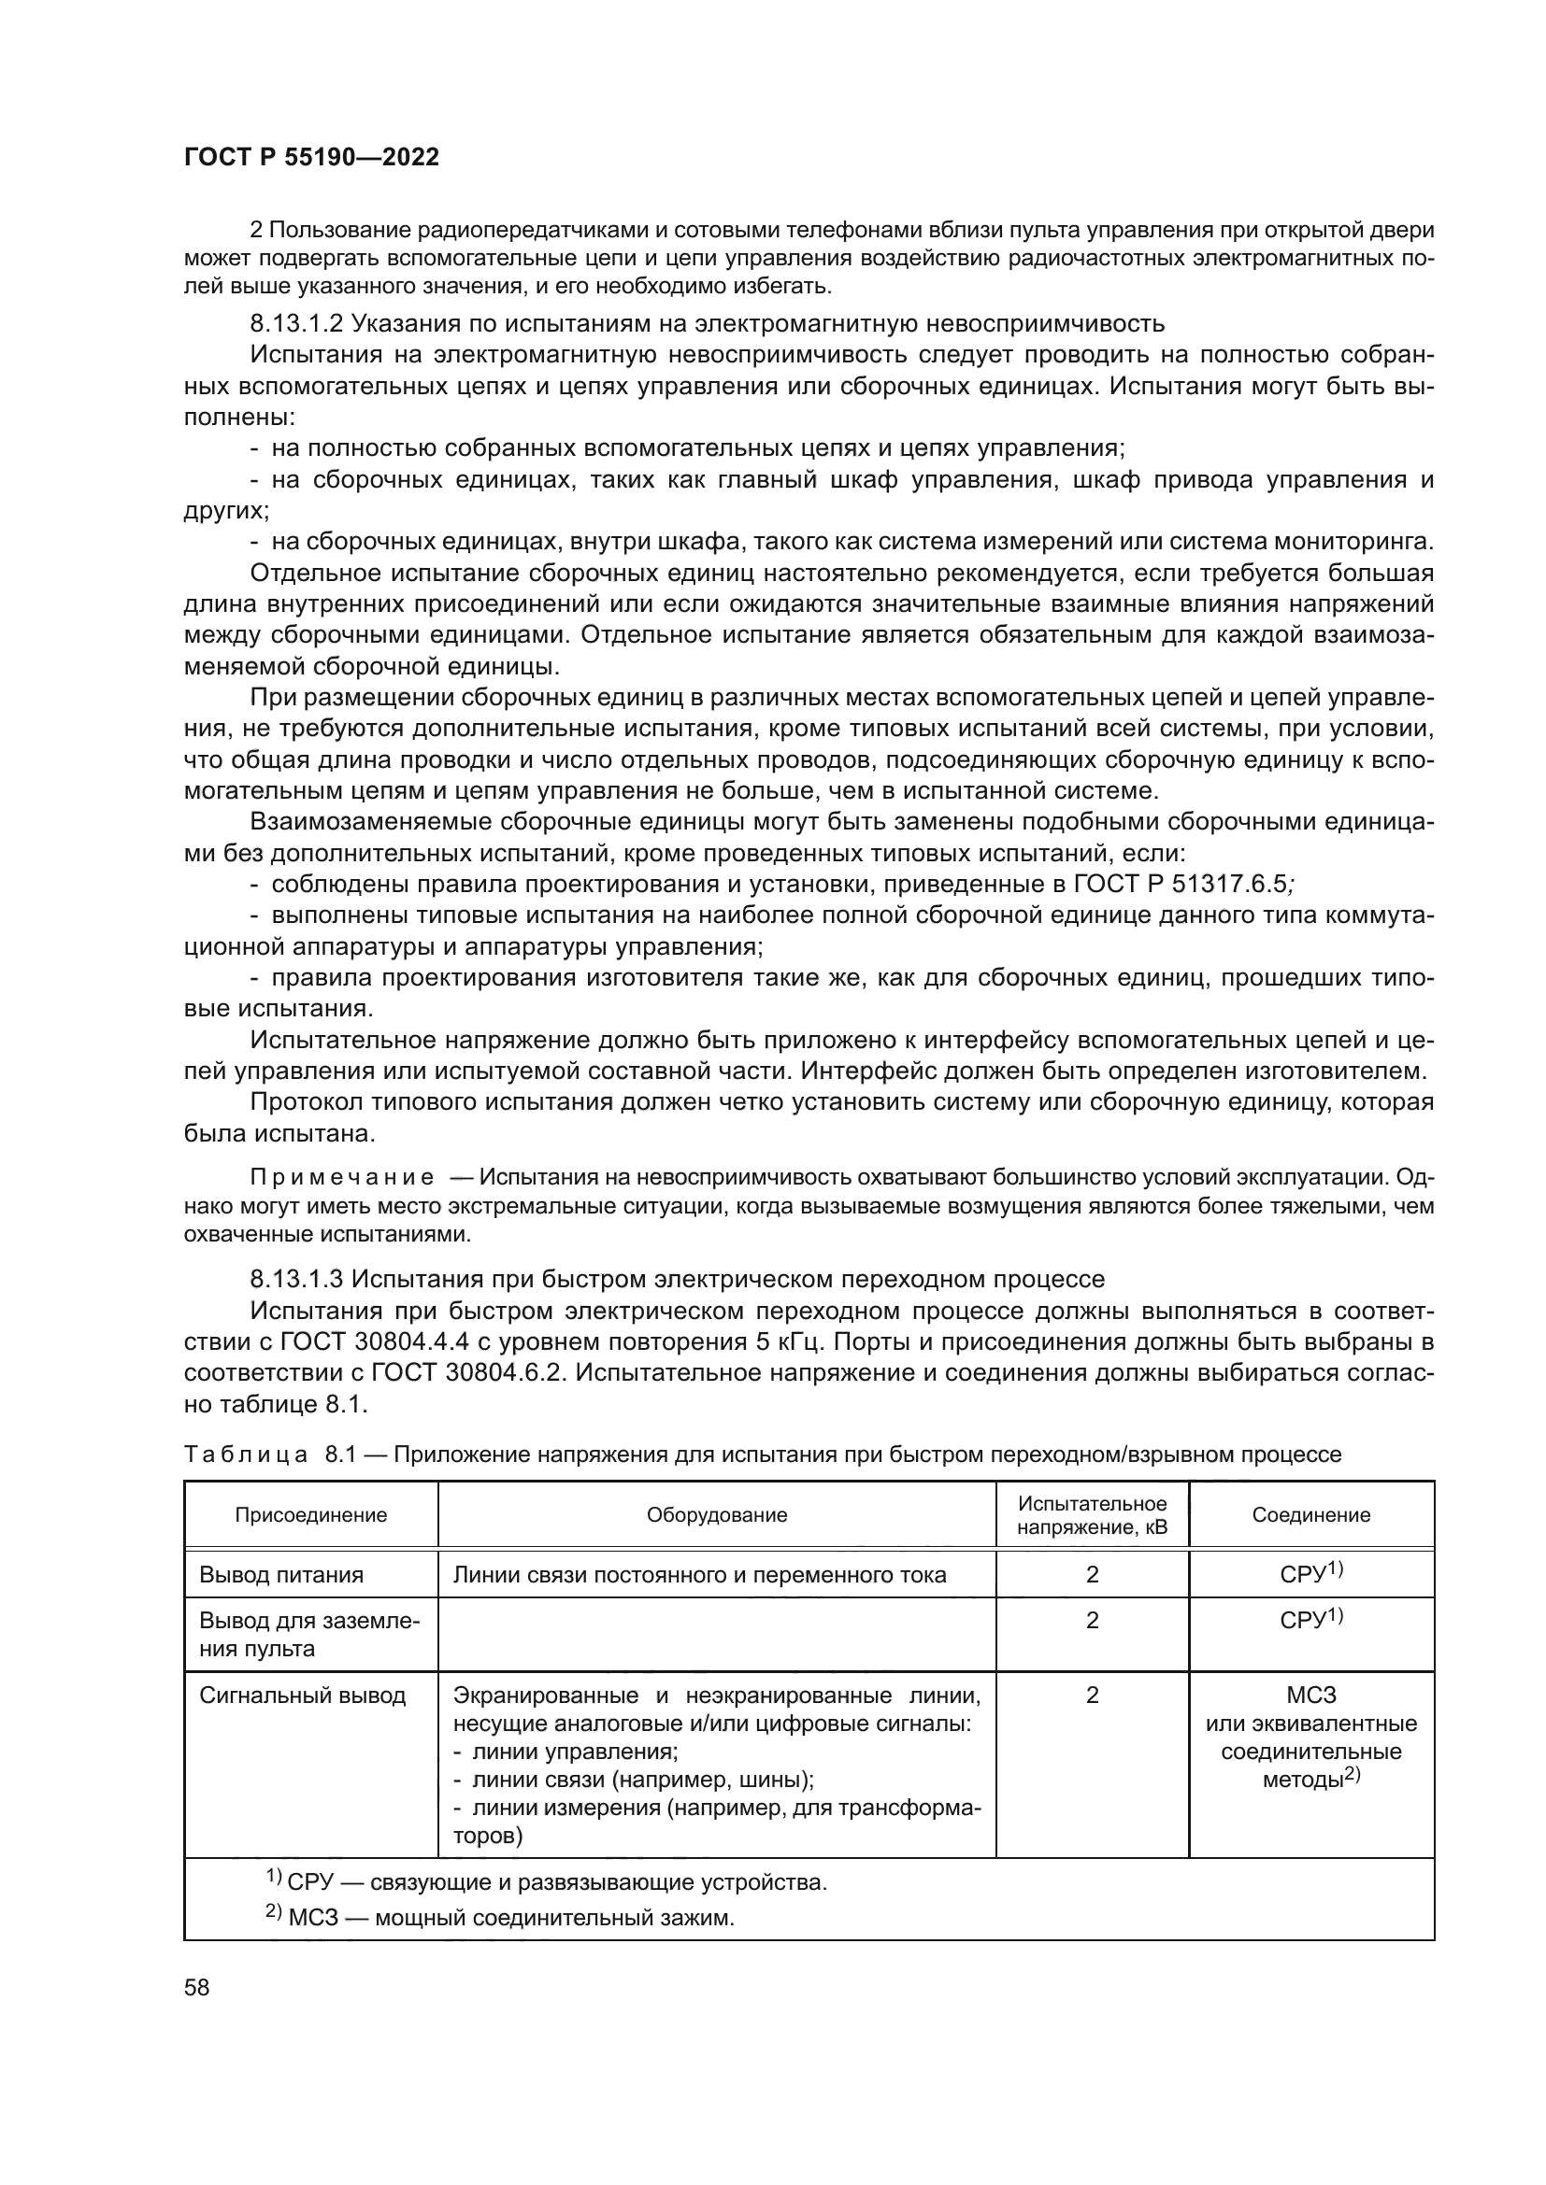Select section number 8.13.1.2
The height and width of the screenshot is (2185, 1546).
[x=296, y=323]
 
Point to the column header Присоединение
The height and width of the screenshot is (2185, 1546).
[x=311, y=1515]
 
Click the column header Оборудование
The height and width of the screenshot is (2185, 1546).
[x=717, y=1515]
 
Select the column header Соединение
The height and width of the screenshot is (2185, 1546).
[x=1310, y=1515]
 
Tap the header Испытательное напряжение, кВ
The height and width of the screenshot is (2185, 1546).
[x=1092, y=1516]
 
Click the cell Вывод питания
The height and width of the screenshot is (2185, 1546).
[x=280, y=1575]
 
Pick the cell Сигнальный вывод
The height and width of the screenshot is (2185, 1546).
[x=302, y=1695]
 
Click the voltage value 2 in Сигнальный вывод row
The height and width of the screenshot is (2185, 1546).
[x=1092, y=1695]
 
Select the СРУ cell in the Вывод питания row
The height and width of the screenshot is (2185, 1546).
[x=1310, y=1574]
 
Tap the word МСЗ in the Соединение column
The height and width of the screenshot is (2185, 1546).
[x=1310, y=1695]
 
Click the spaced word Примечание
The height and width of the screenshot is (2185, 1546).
[x=342, y=1177]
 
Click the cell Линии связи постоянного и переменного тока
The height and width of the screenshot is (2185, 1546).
[x=699, y=1575]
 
